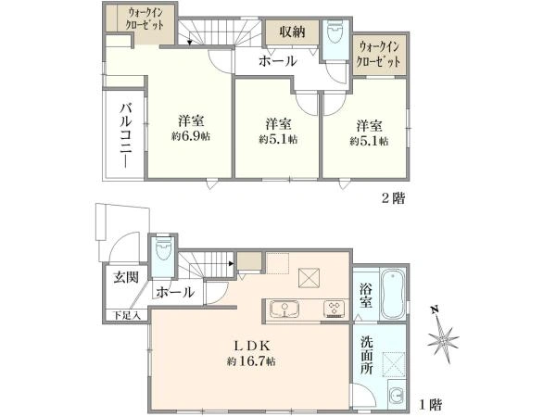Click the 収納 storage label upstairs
pyautogui.click(x=292, y=32)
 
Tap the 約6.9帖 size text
pyautogui.click(x=190, y=136)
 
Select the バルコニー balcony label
pyautogui.click(x=125, y=135)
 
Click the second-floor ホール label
pyautogui.click(x=277, y=61)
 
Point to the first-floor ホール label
pyautogui.click(x=175, y=293)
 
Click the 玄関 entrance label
pyautogui.click(x=126, y=277)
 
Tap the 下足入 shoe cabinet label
pyautogui.click(x=127, y=315)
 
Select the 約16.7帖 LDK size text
pyautogui.click(x=251, y=361)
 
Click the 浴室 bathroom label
pyautogui.click(x=366, y=296)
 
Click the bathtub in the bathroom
pyautogui.click(x=393, y=295)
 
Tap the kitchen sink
pyautogui.click(x=284, y=310)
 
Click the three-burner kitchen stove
pyautogui.click(x=333, y=309)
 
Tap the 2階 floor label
pyautogui.click(x=393, y=198)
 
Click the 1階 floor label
pyautogui.click(x=431, y=404)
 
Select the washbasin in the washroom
pyautogui.click(x=397, y=395)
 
